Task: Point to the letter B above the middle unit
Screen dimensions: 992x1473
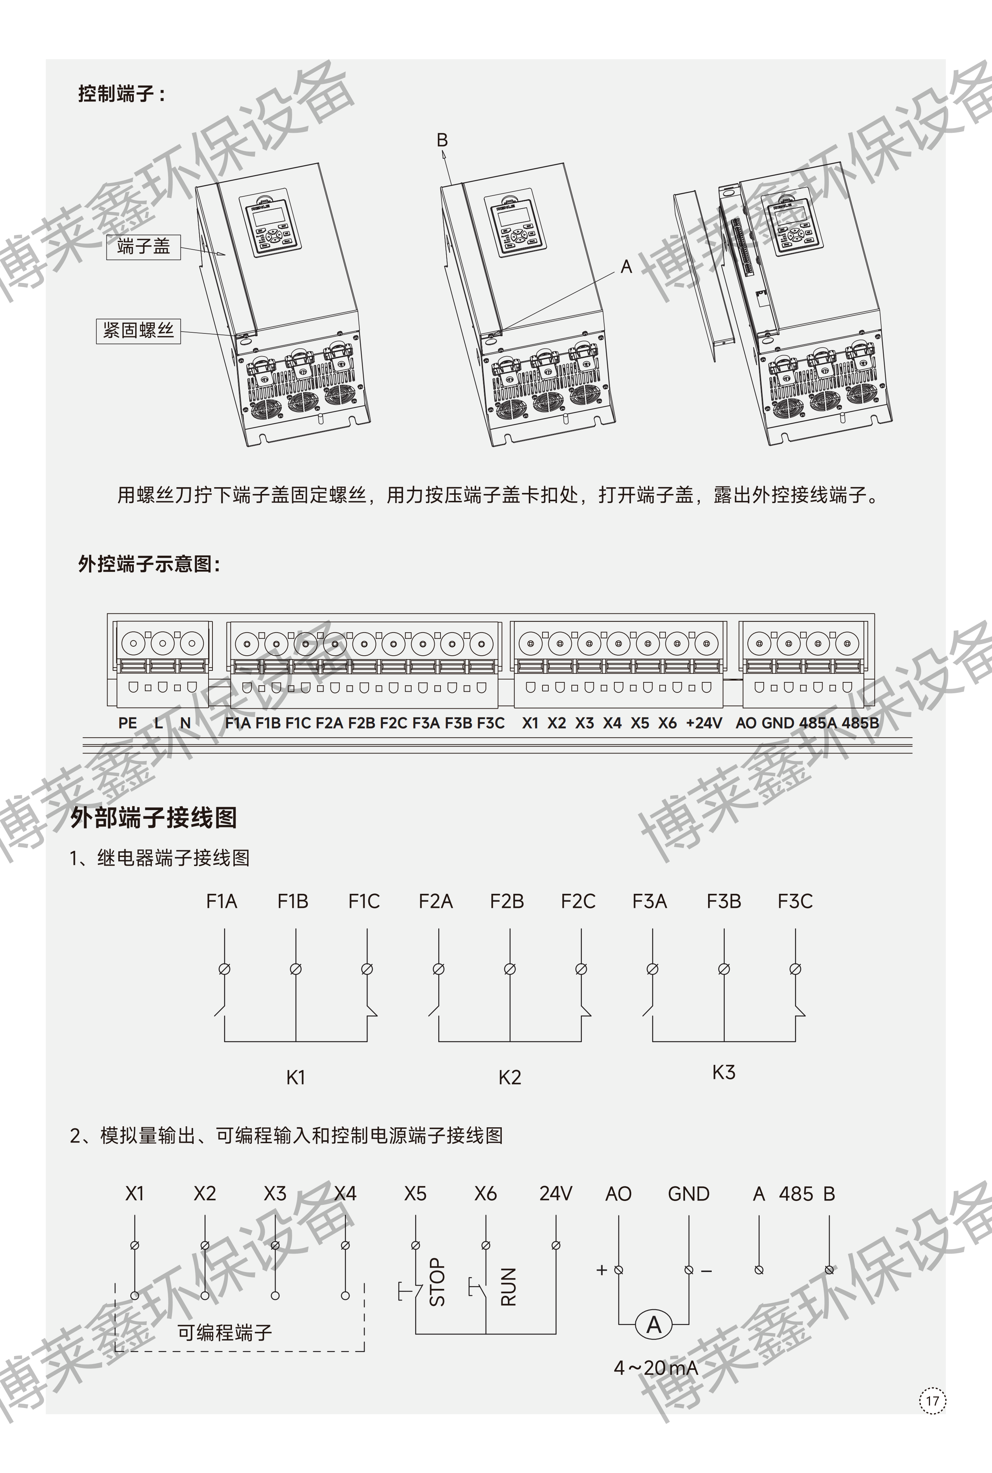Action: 442,140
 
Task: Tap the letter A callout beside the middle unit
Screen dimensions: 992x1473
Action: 626,266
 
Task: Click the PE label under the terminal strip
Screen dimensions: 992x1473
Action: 128,722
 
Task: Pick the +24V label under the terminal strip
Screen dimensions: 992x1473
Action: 703,722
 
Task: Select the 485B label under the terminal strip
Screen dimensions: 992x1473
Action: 860,722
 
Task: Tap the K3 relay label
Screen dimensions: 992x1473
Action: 724,1072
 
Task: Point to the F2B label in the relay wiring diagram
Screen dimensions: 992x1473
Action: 507,901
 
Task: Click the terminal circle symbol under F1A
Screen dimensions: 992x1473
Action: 224,969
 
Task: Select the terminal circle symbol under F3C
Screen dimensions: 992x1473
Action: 796,969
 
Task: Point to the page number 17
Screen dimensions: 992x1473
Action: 932,1400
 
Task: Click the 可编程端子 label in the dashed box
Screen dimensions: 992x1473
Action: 225,1333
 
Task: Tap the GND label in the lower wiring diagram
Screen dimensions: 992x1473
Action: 688,1193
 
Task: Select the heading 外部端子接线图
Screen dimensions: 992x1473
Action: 154,817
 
